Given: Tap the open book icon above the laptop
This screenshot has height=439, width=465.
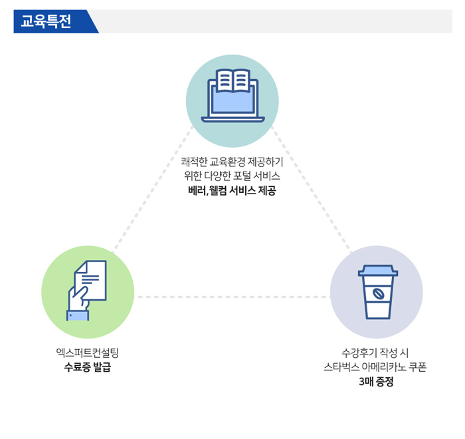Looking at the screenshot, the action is click(232, 80).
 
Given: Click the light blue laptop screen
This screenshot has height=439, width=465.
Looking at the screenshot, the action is click(232, 101).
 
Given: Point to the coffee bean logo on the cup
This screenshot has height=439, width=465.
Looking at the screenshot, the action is click(378, 294).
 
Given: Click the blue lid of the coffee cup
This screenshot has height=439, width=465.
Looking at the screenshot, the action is click(378, 271).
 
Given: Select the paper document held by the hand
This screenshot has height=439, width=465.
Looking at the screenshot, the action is click(90, 280).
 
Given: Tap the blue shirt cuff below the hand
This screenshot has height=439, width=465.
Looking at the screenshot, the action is click(78, 316).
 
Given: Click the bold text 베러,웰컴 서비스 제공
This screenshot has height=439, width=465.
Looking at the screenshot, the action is click(232, 190).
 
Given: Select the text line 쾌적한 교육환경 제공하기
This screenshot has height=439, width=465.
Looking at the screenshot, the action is click(232, 162).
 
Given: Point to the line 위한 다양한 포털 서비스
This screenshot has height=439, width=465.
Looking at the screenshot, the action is click(232, 176).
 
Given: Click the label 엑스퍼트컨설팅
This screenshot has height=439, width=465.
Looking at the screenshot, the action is click(88, 353).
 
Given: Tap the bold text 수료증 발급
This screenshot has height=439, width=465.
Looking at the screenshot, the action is click(88, 366).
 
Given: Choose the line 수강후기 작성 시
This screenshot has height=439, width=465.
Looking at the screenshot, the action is click(375, 353).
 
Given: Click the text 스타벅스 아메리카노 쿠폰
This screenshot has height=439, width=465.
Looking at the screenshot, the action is click(375, 366).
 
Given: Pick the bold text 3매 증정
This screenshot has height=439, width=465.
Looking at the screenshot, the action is click(376, 381).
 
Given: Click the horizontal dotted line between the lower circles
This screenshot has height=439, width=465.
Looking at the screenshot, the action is click(232, 297).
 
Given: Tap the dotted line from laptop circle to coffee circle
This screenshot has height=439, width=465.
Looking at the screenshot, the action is click(312, 190).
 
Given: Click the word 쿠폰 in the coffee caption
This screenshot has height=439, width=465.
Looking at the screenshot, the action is click(418, 366).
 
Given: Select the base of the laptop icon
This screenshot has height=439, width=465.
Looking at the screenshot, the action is click(232, 120).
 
